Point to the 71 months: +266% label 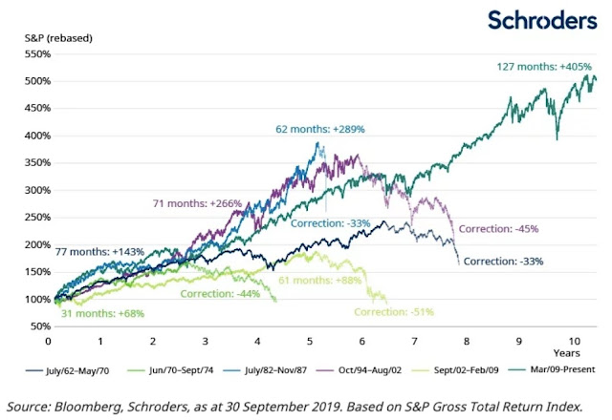coord(197,203)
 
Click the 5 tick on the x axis coord(310,340)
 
